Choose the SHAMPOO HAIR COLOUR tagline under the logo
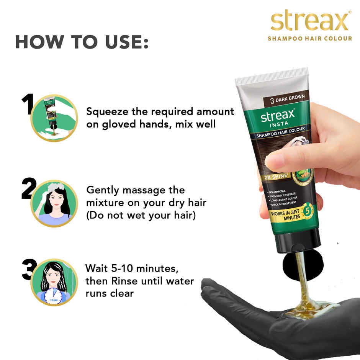pos(309,38)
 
